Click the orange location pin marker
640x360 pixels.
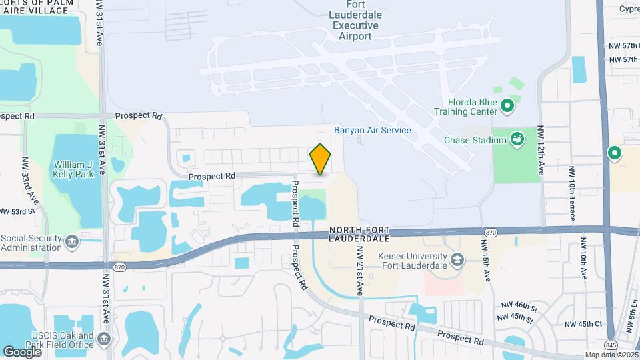(320, 159)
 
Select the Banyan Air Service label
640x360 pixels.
(373, 130)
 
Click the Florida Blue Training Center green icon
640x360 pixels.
(507, 105)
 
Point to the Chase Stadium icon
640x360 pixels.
(517, 139)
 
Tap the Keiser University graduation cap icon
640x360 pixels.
(457, 258)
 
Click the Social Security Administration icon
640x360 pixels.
(72, 239)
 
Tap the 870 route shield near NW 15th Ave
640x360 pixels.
(491, 232)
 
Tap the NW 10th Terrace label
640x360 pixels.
(572, 193)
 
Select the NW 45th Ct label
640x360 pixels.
(583, 324)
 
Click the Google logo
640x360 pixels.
(22, 351)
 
